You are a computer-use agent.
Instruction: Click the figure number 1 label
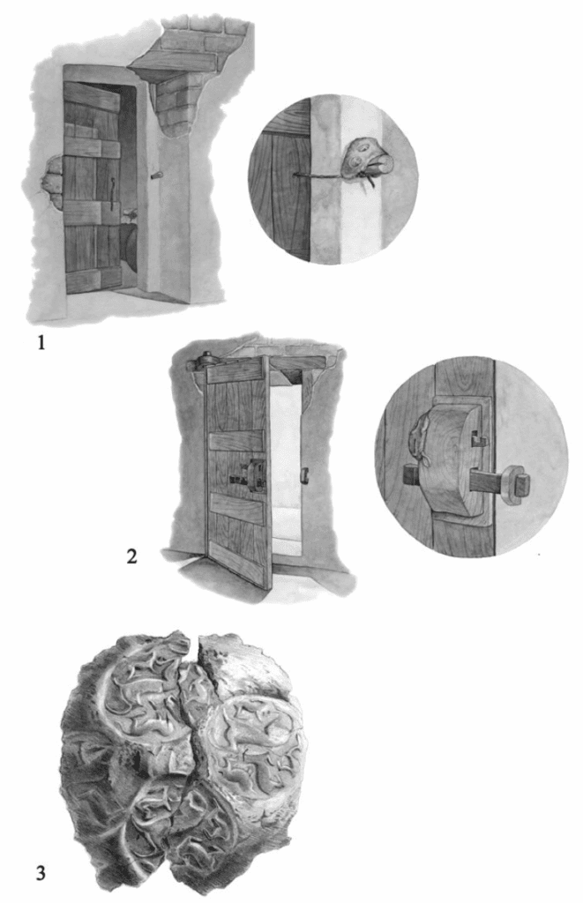(x=41, y=343)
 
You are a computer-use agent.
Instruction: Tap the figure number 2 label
(x=132, y=557)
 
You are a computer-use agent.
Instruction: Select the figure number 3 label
(x=41, y=873)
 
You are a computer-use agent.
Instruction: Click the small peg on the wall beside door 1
(x=155, y=175)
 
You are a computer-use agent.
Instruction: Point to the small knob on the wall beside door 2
(x=305, y=474)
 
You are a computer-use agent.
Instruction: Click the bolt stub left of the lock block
(x=411, y=474)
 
